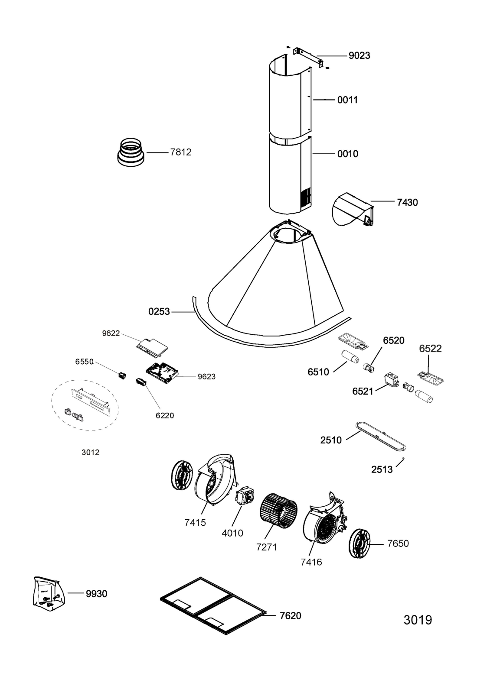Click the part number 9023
[359, 55]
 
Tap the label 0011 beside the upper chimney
[347, 100]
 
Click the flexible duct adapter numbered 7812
[131, 152]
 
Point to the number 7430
[407, 203]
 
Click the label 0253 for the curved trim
[159, 311]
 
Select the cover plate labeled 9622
[152, 348]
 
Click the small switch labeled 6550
[122, 375]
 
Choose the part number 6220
[165, 415]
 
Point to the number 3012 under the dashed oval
[91, 452]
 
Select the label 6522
[430, 349]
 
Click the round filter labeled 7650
[360, 543]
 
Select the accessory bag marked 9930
[49, 595]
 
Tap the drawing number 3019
[418, 620]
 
